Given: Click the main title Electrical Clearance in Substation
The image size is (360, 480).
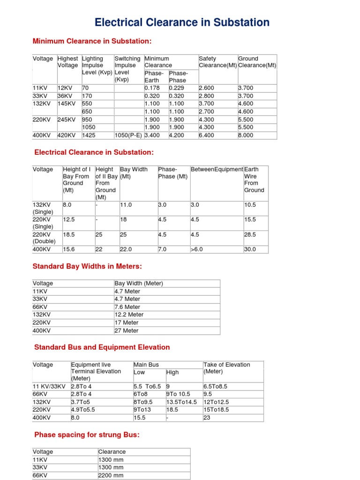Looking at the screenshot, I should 182,22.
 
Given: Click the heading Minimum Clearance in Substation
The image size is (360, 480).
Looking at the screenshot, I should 92,41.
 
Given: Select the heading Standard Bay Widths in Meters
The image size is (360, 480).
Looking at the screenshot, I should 87,266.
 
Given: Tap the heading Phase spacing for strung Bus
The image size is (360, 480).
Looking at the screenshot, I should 87,435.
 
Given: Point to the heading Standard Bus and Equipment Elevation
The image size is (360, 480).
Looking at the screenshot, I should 102,347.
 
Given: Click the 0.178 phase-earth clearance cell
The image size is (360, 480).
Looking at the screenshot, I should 152,88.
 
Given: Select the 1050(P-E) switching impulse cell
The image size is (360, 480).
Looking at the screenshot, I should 128,135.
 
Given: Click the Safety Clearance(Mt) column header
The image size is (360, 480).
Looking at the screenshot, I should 217,62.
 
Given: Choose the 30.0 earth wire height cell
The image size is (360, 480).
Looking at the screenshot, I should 250,249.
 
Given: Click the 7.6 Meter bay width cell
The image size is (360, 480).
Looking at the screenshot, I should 127,307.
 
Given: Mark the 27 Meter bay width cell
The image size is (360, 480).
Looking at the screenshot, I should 127,330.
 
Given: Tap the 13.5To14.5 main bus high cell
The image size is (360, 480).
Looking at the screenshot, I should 181,402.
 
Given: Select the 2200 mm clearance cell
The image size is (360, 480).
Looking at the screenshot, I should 111,475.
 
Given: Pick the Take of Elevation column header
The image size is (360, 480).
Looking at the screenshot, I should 227,368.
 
